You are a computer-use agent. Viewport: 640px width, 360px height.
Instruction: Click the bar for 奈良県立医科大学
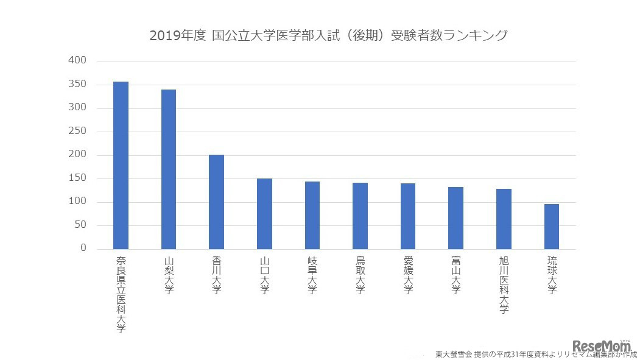[x=121, y=165]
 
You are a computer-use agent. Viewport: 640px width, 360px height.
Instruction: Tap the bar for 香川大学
[x=216, y=202]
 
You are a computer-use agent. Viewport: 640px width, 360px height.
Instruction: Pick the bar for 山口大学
[x=264, y=214]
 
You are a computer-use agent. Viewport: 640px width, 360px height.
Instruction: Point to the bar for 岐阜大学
[x=312, y=215]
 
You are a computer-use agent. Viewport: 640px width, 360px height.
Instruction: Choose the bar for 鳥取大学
[x=360, y=216]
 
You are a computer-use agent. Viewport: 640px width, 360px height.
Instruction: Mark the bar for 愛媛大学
[x=408, y=216]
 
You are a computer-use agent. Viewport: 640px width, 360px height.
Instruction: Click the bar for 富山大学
[x=455, y=218]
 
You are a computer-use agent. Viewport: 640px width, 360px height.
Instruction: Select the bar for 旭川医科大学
[x=504, y=219]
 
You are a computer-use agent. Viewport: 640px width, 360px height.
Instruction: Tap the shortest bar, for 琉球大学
[x=551, y=227]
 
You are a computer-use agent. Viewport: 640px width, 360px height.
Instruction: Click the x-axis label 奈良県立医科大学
[x=121, y=294]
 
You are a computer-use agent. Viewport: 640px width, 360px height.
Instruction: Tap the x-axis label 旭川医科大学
[x=504, y=284]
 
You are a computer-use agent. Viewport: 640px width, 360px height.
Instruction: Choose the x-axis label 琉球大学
[x=551, y=275]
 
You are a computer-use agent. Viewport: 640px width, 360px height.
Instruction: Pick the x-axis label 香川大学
[x=216, y=275]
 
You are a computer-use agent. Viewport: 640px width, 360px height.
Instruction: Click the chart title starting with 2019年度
[x=328, y=35]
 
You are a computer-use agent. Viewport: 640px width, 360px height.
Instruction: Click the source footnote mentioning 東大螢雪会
[x=536, y=354]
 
